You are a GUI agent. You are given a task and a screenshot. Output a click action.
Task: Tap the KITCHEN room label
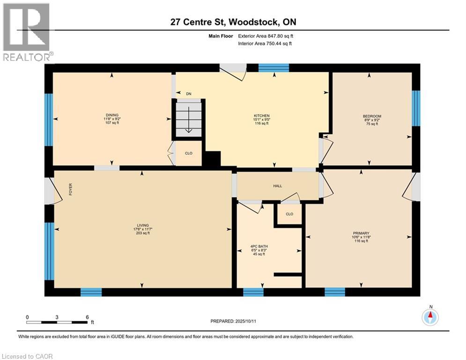pos(262,115)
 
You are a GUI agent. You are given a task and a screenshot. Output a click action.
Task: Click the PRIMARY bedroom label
pos(361,233)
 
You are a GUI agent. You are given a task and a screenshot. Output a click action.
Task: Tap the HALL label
pos(278,186)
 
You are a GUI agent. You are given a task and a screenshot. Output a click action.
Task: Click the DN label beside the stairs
pos(189,94)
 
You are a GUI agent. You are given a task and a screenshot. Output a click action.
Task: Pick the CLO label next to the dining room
pos(188,153)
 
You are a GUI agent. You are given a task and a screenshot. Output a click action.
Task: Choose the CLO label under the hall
pos(289,214)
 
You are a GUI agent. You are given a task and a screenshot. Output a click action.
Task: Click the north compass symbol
pos(430,317)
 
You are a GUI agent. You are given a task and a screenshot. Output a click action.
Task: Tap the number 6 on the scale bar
pos(87,317)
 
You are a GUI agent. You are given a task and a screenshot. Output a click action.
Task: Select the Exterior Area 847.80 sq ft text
pos(266,36)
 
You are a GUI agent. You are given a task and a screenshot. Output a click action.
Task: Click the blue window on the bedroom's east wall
pos(415,108)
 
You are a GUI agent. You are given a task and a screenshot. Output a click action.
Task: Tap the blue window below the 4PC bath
pos(253,292)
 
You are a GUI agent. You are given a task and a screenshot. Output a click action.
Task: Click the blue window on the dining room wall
pos(48,120)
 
